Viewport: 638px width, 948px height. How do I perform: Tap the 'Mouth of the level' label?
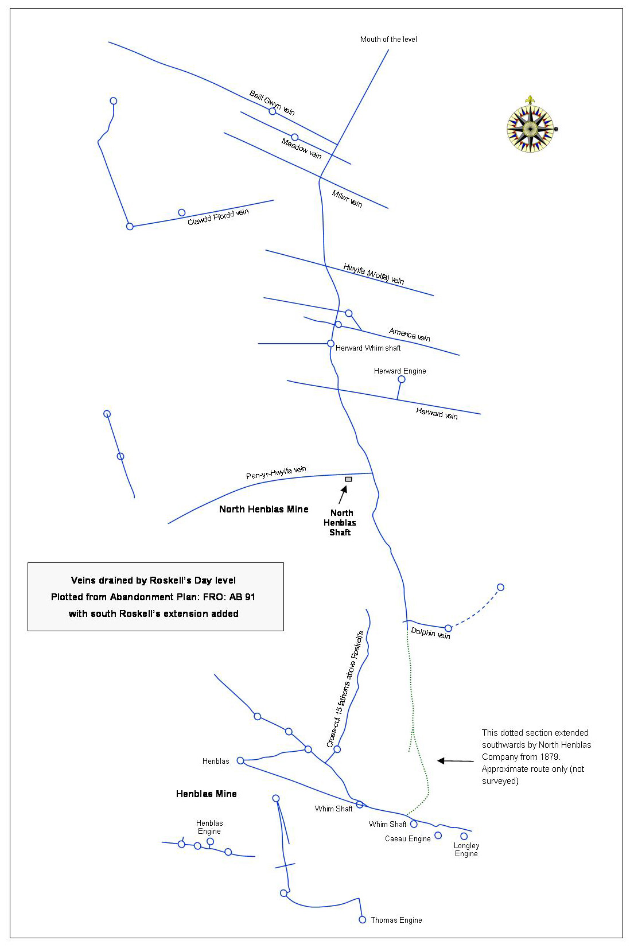[x=388, y=40]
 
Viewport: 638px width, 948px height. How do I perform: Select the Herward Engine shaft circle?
[x=402, y=380]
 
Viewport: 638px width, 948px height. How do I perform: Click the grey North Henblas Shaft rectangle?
[x=349, y=480]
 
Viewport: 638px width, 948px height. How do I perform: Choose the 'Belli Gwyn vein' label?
[x=272, y=103]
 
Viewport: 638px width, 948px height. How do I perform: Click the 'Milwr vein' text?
[x=347, y=199]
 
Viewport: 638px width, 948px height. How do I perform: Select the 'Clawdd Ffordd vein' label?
[x=218, y=217]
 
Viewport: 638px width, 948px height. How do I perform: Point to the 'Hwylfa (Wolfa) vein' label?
[x=374, y=274]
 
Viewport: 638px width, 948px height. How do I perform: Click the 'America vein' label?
[x=410, y=335]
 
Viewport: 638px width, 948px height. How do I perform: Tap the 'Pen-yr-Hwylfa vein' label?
[x=276, y=472]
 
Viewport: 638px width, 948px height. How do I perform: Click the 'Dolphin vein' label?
[x=430, y=634]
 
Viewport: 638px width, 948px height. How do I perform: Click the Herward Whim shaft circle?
[x=331, y=344]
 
